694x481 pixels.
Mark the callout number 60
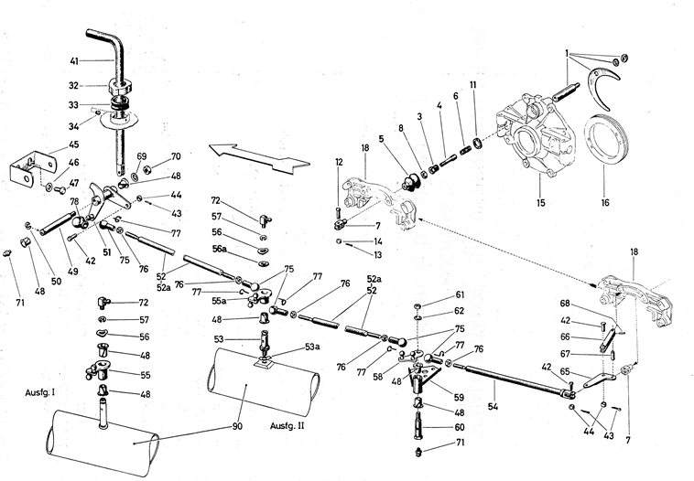460,427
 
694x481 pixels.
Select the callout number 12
339,163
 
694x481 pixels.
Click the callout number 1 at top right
568,51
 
